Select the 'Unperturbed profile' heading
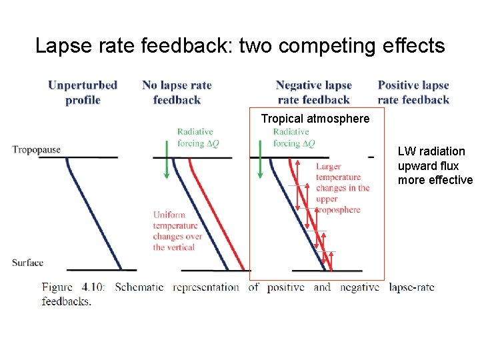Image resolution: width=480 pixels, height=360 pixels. coord(83,93)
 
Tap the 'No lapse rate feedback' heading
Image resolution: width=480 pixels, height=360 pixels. coord(177,93)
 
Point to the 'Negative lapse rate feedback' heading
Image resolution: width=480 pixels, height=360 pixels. coord(313,93)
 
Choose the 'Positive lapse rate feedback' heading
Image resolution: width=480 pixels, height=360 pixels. coord(413,93)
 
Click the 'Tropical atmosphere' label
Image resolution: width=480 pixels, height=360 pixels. coord(315,119)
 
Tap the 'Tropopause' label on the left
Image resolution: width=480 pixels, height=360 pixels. coord(36,150)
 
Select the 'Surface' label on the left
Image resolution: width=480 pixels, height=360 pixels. coord(27,263)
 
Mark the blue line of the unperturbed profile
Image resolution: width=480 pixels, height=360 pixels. coord(93,213)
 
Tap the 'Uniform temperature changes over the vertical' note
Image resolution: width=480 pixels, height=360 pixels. coord(177,231)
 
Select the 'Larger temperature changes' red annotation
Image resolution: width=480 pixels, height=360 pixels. coord(343,188)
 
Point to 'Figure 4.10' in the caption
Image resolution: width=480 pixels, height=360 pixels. coord(77,287)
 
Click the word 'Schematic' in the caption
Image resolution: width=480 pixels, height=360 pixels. coord(139,287)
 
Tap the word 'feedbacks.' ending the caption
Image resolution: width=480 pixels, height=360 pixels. coord(66,301)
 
